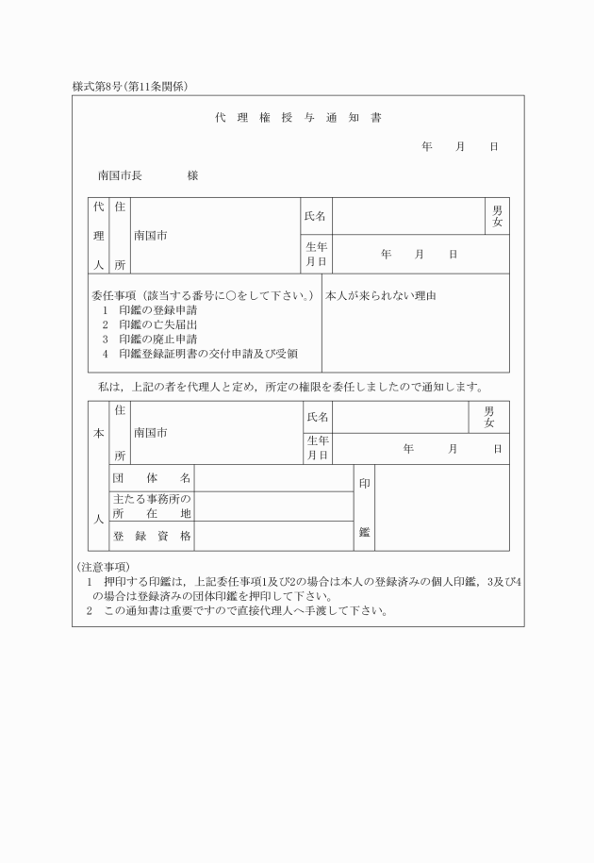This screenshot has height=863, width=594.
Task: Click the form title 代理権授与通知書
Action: coord(297,118)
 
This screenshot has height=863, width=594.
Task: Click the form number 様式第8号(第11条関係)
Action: coord(130,87)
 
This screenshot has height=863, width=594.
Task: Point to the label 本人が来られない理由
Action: coord(380,296)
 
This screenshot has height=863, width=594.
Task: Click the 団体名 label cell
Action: coord(151,478)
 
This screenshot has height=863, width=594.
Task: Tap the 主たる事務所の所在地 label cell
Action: coord(151,506)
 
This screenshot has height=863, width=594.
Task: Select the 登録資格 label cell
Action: coord(151,535)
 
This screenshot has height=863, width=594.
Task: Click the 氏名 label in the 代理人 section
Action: coord(314,216)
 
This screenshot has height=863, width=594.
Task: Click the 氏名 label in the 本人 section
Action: coord(318,417)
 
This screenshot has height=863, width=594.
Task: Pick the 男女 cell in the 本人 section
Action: coord(488,417)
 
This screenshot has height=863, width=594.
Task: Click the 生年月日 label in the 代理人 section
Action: coord(315,254)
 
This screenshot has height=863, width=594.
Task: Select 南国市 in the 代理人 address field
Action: coord(150,235)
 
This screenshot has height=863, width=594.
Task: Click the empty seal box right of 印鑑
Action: coord(441,506)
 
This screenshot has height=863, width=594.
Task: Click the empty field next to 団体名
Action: coord(273,478)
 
